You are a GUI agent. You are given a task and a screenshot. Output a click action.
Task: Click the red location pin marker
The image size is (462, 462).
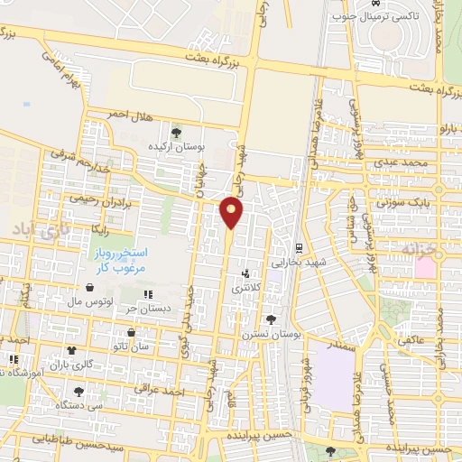click(x=233, y=211)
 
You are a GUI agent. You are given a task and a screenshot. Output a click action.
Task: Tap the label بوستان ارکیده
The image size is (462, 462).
click(x=179, y=146)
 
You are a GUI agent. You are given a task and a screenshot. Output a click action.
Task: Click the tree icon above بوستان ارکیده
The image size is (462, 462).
click(x=175, y=133)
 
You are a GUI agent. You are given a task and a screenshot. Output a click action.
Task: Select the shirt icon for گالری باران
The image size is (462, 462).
click(x=72, y=351)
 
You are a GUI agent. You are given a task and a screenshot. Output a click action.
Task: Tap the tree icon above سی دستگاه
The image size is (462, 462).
click(x=79, y=392)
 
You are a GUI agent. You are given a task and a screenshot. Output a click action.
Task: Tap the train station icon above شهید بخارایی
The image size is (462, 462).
click(x=298, y=247)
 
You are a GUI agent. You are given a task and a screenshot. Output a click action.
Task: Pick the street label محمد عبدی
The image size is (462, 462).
click(x=399, y=162)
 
